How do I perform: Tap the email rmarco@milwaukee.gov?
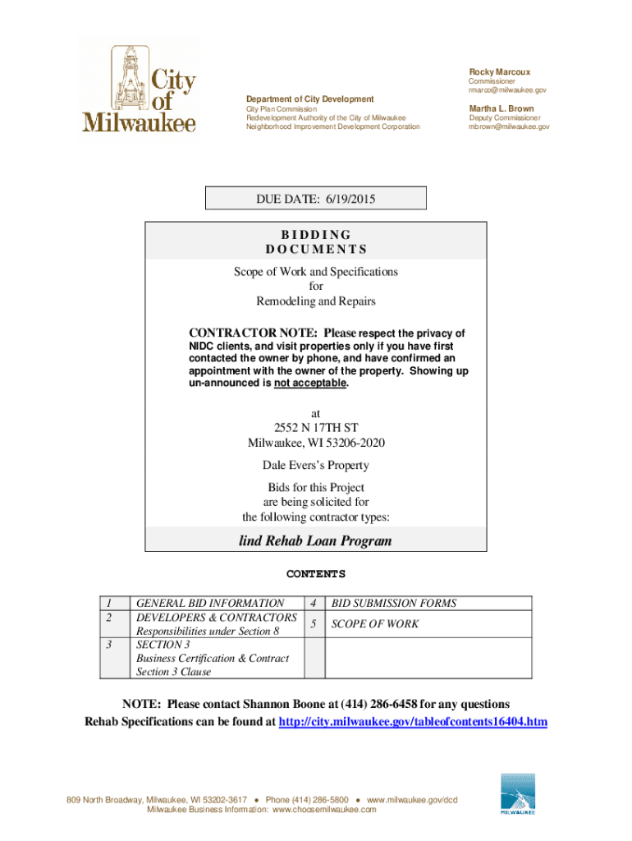(x=507, y=90)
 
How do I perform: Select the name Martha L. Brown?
(x=501, y=108)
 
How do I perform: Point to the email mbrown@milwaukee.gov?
(x=509, y=127)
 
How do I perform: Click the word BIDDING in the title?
(x=316, y=234)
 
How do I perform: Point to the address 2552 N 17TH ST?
(x=316, y=428)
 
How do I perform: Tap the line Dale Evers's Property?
(x=316, y=466)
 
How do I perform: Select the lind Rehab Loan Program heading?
(x=315, y=541)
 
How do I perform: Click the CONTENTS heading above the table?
(x=315, y=574)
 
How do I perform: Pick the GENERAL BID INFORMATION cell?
(x=210, y=603)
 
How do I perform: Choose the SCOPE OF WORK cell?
(x=374, y=624)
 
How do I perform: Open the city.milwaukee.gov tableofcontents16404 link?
(x=413, y=722)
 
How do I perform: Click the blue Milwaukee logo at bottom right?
(x=518, y=794)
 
